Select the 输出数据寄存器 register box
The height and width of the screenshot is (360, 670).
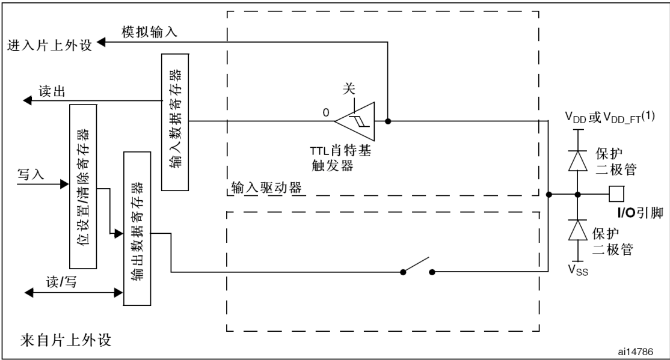pyautogui.click(x=136, y=228)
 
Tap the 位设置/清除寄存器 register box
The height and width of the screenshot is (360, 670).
pyautogui.click(x=85, y=187)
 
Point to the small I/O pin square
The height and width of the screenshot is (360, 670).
pyautogui.click(x=616, y=194)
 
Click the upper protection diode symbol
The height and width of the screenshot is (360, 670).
pyautogui.click(x=578, y=160)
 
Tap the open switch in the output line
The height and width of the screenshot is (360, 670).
pyautogui.click(x=417, y=269)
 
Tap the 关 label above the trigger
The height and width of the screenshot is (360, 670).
pyautogui.click(x=349, y=88)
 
